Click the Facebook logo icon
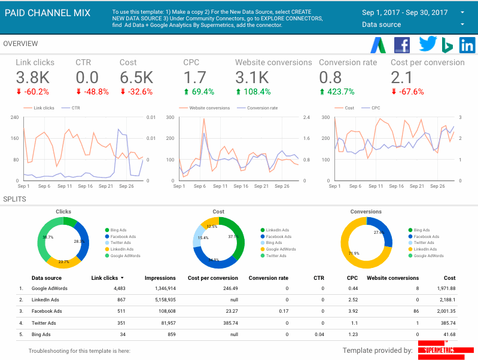(402, 45)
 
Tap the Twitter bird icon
(428, 45)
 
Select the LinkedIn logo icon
(467, 45)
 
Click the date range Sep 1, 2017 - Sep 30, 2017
(405, 13)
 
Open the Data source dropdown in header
(413, 25)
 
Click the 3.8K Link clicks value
(32, 77)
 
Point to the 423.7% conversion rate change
(337, 91)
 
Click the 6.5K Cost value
(136, 77)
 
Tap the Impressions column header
(160, 277)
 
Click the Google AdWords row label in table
(50, 288)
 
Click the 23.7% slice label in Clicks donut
(63, 261)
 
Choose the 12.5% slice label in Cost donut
(211, 227)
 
